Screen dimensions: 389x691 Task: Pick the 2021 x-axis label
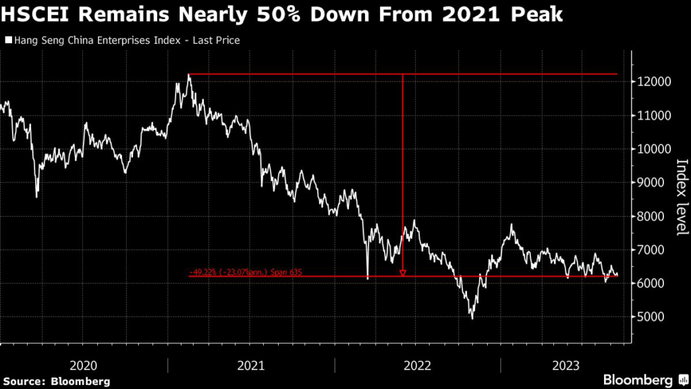[250, 365]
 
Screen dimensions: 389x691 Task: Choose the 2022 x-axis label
[417, 365]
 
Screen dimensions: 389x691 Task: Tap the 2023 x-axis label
[566, 365]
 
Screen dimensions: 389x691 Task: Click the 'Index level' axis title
[681, 197]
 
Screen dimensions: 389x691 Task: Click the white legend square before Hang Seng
[8, 41]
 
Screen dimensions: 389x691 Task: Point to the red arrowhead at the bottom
[403, 273]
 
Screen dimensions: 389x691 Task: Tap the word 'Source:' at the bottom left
[25, 382]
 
